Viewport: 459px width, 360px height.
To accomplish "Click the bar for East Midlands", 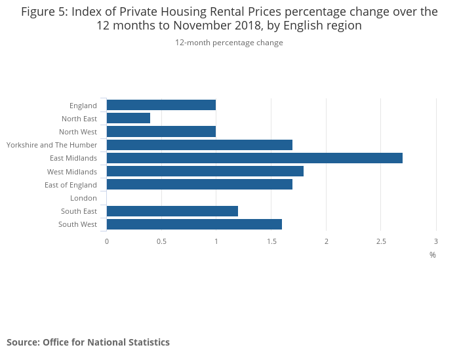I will pyautogui.click(x=254, y=158).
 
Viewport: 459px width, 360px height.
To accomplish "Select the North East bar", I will pyautogui.click(x=129, y=118).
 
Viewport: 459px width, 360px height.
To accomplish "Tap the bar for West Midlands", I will pyautogui.click(x=205, y=171).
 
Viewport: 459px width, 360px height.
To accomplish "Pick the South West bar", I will pyautogui.click(x=194, y=224).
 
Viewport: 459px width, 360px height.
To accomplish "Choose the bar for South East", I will pyautogui.click(x=172, y=211).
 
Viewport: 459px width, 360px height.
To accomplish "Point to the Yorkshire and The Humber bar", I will pyautogui.click(x=199, y=145).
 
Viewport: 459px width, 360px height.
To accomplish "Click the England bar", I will pyautogui.click(x=161, y=105).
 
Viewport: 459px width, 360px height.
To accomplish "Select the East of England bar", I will pyautogui.click(x=199, y=185).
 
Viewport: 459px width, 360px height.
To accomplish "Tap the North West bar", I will pyautogui.click(x=161, y=132).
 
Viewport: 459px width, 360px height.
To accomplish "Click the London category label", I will pyautogui.click(x=83, y=198).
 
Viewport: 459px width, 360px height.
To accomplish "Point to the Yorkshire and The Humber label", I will pyautogui.click(x=52, y=145).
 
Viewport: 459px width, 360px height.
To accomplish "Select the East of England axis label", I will pyautogui.click(x=71, y=185).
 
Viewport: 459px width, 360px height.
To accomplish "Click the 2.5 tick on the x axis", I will pyautogui.click(x=381, y=241).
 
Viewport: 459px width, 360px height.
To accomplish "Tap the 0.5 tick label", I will pyautogui.click(x=161, y=241).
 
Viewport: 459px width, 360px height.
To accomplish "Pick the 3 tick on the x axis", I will pyautogui.click(x=435, y=241).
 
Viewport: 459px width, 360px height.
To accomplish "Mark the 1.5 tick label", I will pyautogui.click(x=271, y=241).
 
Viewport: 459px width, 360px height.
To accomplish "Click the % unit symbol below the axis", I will pyautogui.click(x=433, y=254).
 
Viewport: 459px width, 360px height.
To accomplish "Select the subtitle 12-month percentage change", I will pyautogui.click(x=229, y=43).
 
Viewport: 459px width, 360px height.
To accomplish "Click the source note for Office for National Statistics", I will pyautogui.click(x=88, y=342).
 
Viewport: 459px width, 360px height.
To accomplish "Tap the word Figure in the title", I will pyautogui.click(x=38, y=12).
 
